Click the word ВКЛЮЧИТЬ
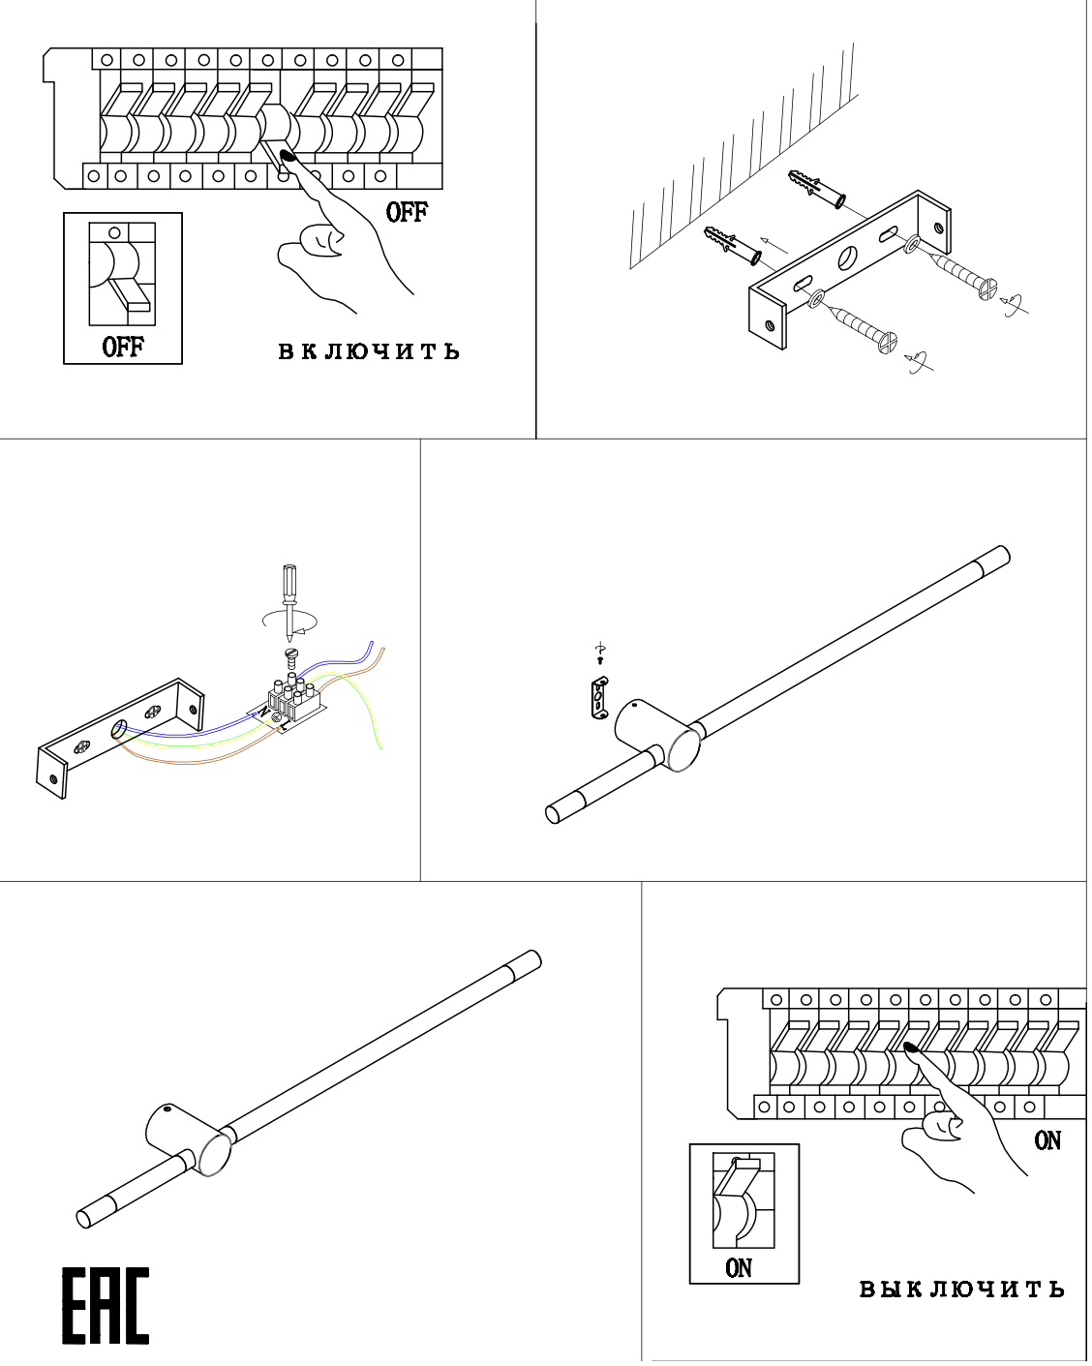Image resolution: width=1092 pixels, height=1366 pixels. (369, 351)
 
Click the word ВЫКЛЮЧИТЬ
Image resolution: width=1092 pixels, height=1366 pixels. (961, 1290)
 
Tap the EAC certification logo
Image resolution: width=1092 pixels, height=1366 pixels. (106, 1306)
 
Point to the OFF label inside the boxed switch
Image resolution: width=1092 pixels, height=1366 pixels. (123, 347)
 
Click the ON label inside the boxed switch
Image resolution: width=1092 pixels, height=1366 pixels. (739, 1267)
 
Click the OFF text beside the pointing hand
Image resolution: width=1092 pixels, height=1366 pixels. (407, 212)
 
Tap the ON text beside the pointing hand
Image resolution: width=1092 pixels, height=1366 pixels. (1047, 1140)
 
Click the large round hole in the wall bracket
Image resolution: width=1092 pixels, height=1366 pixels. (848, 257)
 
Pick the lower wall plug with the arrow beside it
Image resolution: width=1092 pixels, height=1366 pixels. (733, 246)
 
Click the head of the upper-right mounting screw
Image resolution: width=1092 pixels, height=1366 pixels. (986, 288)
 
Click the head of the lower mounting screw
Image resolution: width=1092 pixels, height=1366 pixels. (888, 341)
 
